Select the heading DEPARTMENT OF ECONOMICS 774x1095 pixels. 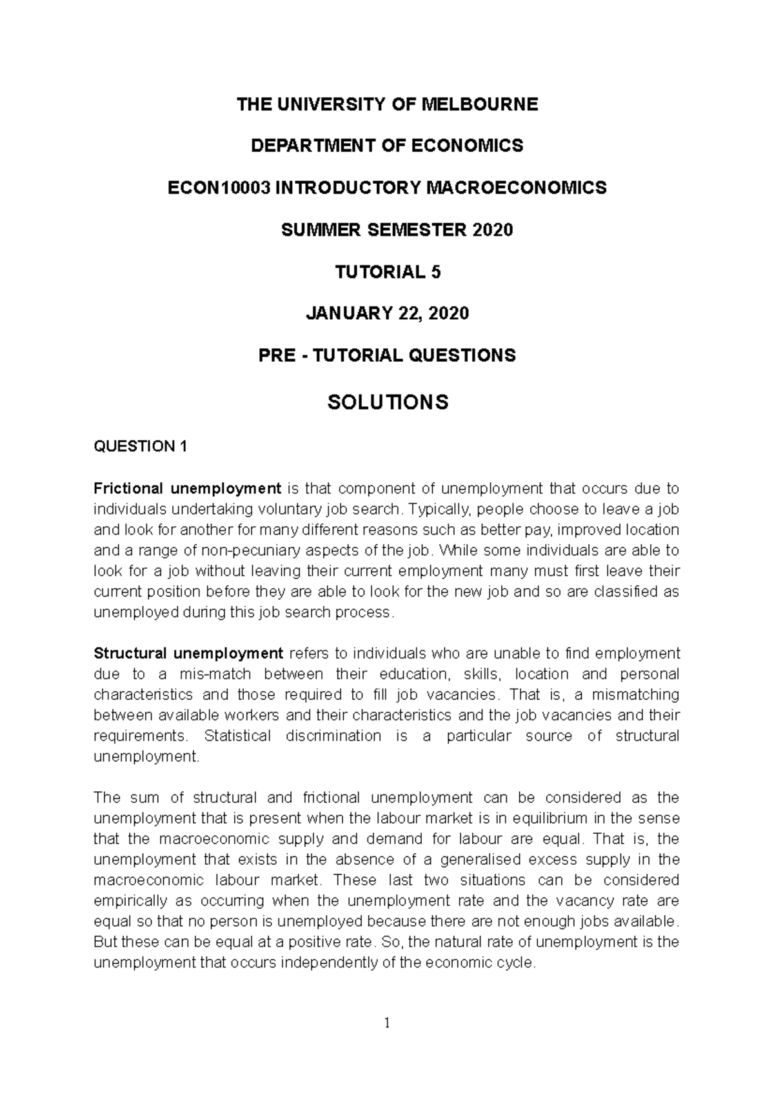pos(387,146)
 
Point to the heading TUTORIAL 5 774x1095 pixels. pos(387,272)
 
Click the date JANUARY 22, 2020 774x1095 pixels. pos(387,314)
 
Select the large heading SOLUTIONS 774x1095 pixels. pos(387,402)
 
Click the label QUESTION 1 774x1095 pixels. pos(140,446)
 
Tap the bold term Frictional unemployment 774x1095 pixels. pos(188,488)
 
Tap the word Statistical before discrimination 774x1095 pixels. pos(237,736)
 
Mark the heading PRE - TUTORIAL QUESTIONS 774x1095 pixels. pos(387,355)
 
